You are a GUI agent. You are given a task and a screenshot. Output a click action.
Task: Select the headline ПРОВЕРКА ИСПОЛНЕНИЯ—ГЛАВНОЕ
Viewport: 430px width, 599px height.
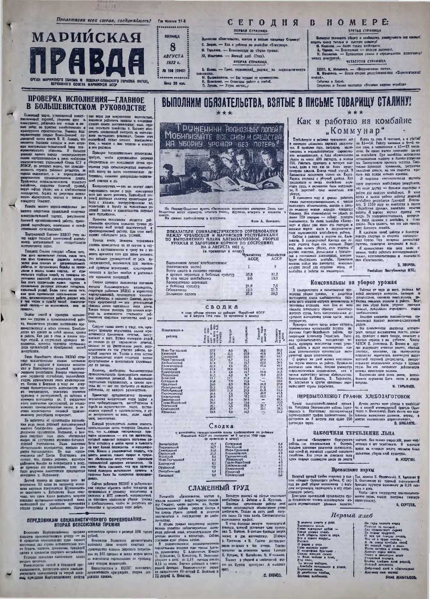(x=82, y=99)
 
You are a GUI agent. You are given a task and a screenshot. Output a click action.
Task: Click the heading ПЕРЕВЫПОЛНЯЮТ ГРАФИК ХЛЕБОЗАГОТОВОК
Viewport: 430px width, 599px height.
(x=353, y=395)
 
